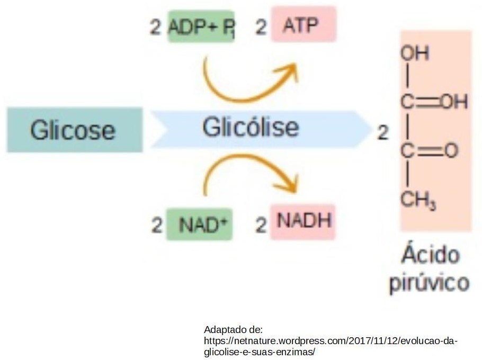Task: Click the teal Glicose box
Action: [x=74, y=130]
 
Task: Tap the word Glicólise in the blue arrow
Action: [x=250, y=128]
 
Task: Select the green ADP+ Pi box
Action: [x=201, y=26]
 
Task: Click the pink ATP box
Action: [x=304, y=24]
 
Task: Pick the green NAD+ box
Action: [x=199, y=224]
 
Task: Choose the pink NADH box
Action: [x=303, y=221]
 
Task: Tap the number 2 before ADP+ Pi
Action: [x=155, y=28]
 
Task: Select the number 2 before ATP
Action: [x=261, y=28]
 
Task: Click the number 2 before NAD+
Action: [x=156, y=226]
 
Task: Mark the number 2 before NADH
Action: [x=261, y=226]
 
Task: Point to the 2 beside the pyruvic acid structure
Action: [x=382, y=133]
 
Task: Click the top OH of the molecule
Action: [x=415, y=53]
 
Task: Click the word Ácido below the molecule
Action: [x=429, y=255]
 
